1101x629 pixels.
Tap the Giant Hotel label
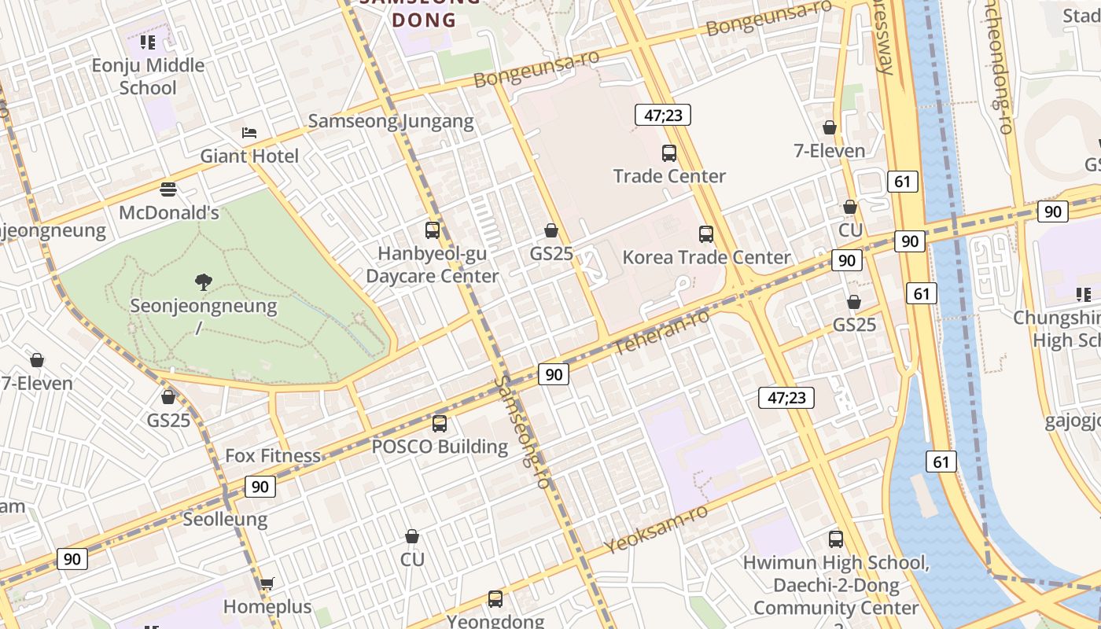pos(249,156)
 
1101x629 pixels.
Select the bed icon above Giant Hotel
pos(249,133)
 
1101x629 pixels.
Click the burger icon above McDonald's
pos(168,189)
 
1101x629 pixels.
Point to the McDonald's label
pos(169,212)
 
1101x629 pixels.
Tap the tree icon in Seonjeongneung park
pos(204,281)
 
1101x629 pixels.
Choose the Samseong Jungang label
pos(391,121)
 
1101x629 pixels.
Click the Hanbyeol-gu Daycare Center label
pos(433,265)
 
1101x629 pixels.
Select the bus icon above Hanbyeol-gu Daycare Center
pos(433,230)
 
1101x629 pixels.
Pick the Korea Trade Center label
pos(706,257)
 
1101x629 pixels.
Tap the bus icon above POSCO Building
pos(440,424)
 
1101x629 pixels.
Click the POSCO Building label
pos(440,447)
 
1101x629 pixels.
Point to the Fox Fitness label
pos(273,455)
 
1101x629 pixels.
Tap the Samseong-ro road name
pos(521,432)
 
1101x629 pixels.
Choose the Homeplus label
pos(267,607)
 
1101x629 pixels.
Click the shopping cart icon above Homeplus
pos(267,583)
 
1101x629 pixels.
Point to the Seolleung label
pos(225,520)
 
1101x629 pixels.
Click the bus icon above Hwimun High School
pos(836,539)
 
